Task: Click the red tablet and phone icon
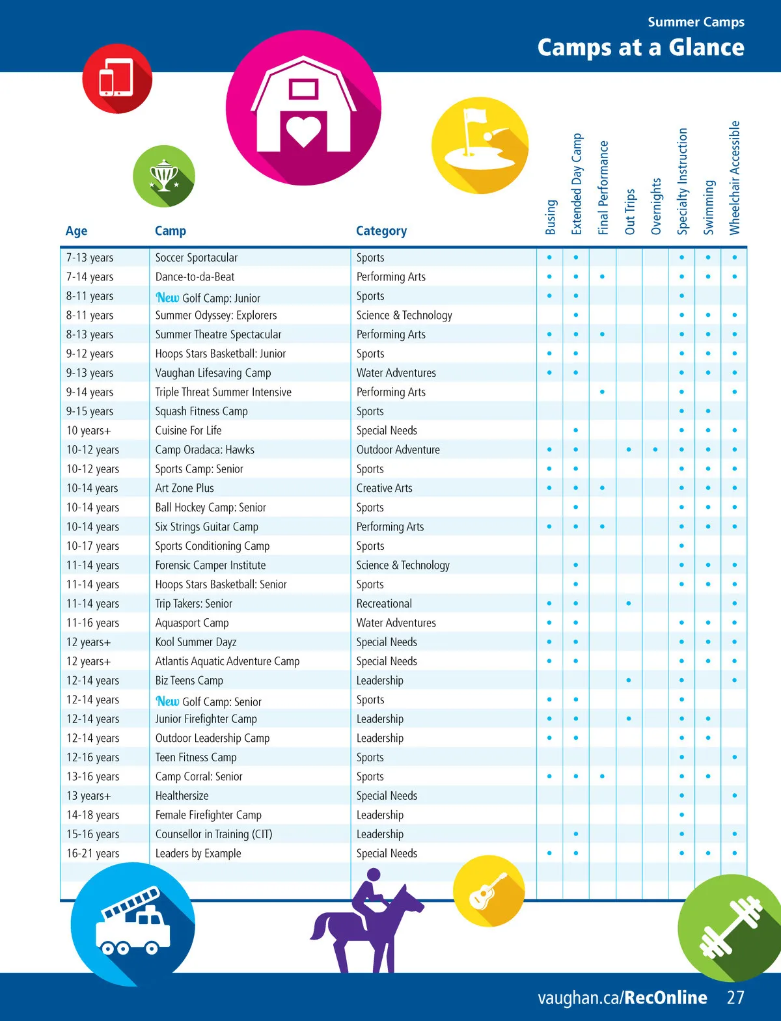tap(116, 78)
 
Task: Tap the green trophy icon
tap(163, 176)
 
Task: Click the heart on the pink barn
tap(304, 131)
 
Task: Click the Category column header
tap(381, 231)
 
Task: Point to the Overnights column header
tap(656, 206)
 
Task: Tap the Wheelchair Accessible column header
tap(735, 178)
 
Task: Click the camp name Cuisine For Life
tap(188, 431)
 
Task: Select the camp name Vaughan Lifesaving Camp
tap(213, 373)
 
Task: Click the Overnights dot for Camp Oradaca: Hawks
tap(655, 450)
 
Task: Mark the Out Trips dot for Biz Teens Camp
tap(629, 681)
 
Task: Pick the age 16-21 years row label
tap(92, 854)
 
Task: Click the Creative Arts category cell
tap(384, 488)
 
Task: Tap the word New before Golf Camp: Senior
tap(167, 701)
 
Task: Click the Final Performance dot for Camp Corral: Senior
tap(602, 776)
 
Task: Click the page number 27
tap(735, 998)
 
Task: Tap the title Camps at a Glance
tap(640, 48)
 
